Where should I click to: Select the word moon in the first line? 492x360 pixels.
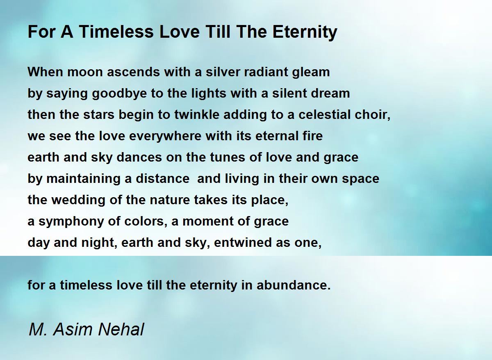(x=85, y=72)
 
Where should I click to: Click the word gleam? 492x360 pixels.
(x=311, y=73)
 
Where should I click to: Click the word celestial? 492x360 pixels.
(x=324, y=114)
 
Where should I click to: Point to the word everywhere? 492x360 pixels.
(x=165, y=136)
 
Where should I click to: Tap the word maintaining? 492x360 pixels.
(x=84, y=179)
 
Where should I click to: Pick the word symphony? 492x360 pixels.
(x=71, y=221)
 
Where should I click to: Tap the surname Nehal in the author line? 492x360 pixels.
(x=121, y=329)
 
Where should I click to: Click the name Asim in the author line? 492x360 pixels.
(x=73, y=329)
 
